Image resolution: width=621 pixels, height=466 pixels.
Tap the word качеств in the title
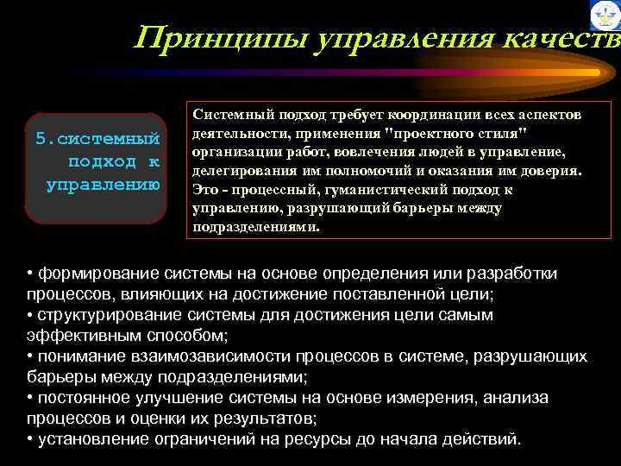tap(561, 38)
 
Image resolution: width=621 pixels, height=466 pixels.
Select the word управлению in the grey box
tap(103, 183)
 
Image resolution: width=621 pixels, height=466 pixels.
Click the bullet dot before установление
tap(30, 439)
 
